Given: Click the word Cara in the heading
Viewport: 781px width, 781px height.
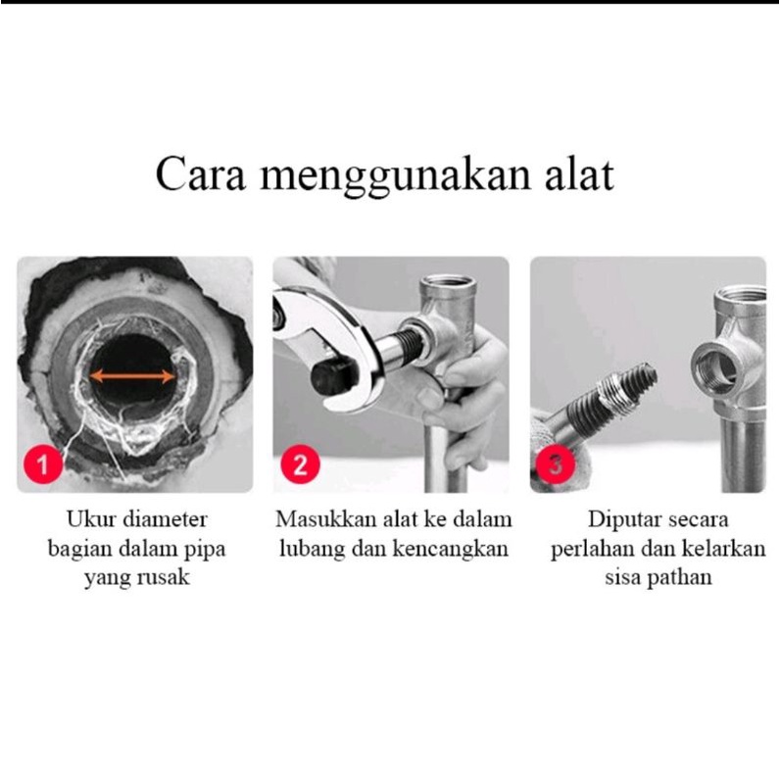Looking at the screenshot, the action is pyautogui.click(x=201, y=174).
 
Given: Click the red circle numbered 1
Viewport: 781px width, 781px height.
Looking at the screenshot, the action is pyautogui.click(x=43, y=464).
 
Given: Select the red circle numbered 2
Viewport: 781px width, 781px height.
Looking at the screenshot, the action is pyautogui.click(x=300, y=464).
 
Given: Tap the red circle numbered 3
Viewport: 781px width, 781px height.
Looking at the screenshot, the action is pyautogui.click(x=556, y=464).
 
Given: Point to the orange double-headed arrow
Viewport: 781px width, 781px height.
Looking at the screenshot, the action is pyautogui.click(x=132, y=376).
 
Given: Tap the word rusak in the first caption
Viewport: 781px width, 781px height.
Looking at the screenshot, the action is pyautogui.click(x=164, y=578).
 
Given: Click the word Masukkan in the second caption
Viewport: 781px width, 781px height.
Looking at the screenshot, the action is pyautogui.click(x=326, y=519).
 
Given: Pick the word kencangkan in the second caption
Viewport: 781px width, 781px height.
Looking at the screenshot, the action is pyautogui.click(x=451, y=549).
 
